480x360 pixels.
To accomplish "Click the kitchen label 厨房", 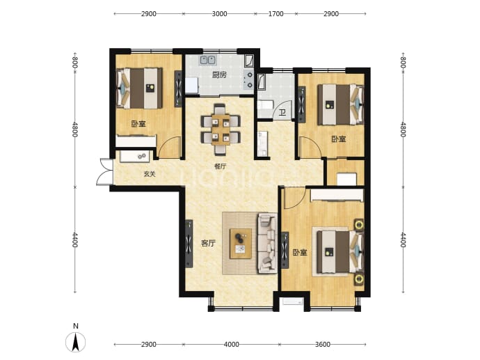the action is tap(220, 75).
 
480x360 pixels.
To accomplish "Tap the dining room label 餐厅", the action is tap(221, 166).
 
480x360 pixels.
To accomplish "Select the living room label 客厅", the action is tap(208, 244).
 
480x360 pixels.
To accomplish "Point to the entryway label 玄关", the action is tap(150, 174).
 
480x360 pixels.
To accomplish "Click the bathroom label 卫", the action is tap(282, 113).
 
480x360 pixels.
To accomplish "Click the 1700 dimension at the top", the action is tap(275, 14).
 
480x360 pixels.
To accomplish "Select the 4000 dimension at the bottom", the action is tap(231, 345).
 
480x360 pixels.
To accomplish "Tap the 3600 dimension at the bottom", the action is tap(323, 345).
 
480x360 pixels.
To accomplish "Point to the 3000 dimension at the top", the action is tap(220, 14).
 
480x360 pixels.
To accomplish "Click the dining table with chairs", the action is tap(221, 130).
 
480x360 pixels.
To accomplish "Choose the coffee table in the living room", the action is tap(241, 244).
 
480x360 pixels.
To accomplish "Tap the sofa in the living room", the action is tap(268, 244).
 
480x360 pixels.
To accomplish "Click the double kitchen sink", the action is tap(209, 60).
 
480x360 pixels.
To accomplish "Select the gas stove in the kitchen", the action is tap(248, 79).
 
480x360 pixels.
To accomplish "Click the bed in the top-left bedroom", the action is tap(140, 88).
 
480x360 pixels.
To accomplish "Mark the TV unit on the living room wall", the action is tap(189, 244).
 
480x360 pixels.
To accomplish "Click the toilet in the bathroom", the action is tap(264, 106).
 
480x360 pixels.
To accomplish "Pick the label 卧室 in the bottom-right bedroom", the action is tap(300, 253).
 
